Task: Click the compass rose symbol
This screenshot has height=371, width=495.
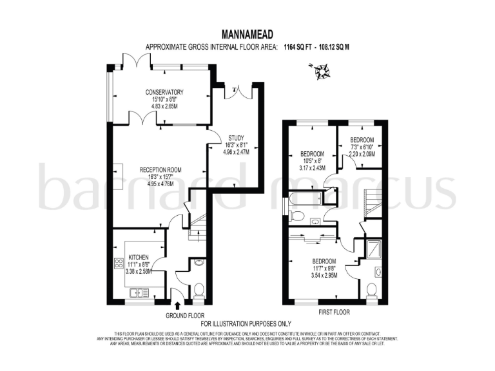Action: pos(320,70)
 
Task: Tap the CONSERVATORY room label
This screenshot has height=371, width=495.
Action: pos(164,92)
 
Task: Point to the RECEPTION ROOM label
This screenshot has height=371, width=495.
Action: pos(160,170)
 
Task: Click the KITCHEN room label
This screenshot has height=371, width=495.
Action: pos(138,256)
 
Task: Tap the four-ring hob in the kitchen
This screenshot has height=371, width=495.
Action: pos(119,263)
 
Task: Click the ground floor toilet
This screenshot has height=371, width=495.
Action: pos(199,290)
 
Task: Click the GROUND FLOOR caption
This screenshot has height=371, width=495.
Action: pos(184,316)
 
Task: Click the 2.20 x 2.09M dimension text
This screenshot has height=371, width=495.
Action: pos(362,154)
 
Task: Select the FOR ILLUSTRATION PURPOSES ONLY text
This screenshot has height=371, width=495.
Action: pos(246,323)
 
